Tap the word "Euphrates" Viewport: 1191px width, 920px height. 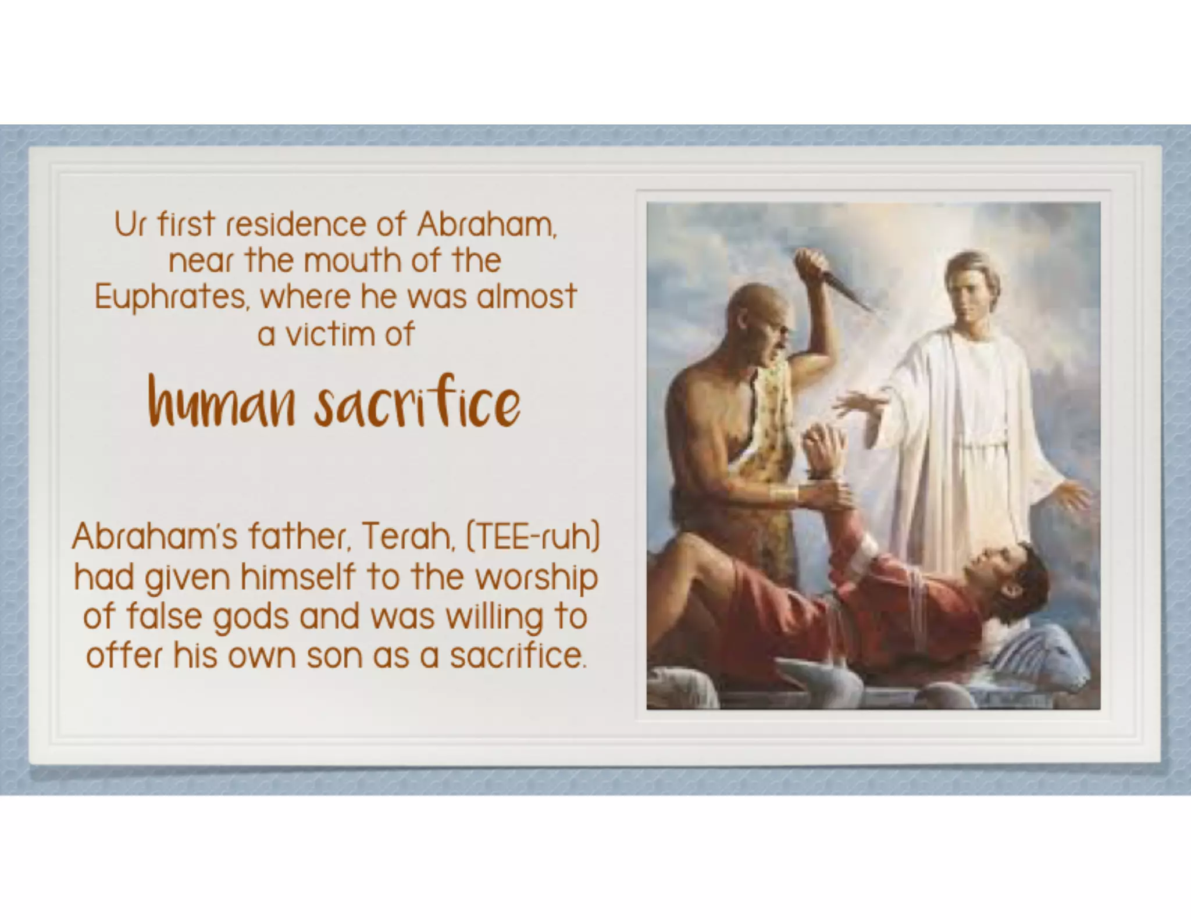[171, 298]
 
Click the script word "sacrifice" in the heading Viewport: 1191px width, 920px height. [417, 403]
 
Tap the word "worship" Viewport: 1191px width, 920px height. [536, 578]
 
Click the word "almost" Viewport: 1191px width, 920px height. [526, 297]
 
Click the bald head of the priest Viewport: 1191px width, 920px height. [753, 302]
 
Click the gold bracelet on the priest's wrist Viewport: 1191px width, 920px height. [783, 494]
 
